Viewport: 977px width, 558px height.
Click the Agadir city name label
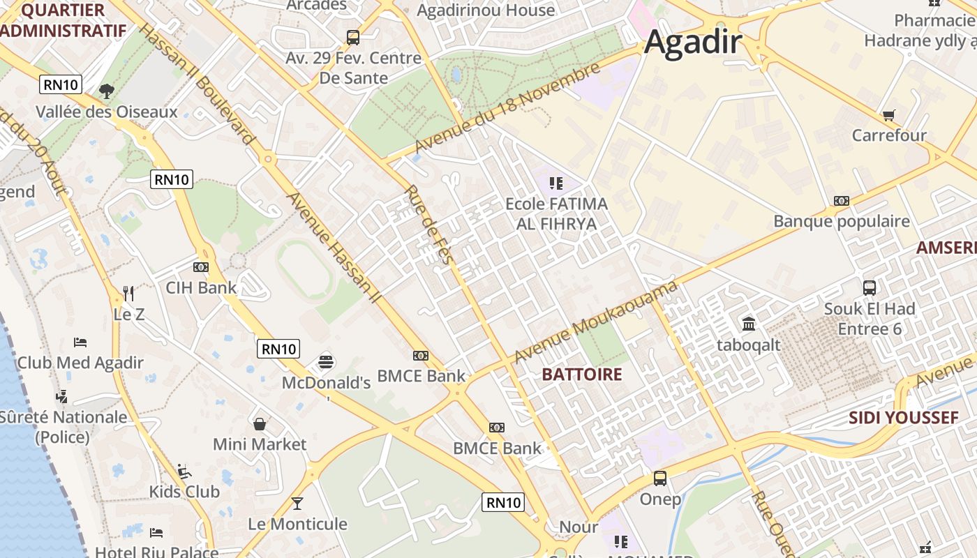click(692, 42)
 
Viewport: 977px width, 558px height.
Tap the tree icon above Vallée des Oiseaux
click(106, 91)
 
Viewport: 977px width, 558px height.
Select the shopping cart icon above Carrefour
click(888, 115)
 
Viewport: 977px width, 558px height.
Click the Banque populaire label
click(841, 221)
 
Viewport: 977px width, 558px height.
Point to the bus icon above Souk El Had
click(870, 287)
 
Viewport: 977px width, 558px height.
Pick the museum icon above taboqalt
click(749, 324)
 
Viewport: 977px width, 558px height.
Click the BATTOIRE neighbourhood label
click(581, 375)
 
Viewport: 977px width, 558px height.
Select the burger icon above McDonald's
click(326, 362)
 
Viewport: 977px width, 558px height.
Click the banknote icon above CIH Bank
click(201, 266)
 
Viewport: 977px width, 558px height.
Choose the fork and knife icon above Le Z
click(128, 293)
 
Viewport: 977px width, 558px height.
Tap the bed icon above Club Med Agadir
click(80, 342)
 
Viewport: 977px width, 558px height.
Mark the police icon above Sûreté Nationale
click(62, 396)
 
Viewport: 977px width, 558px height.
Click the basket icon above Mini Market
click(260, 423)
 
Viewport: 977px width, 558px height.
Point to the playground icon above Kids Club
click(184, 471)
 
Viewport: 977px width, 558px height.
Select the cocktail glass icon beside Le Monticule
click(297, 503)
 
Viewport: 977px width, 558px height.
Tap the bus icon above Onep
click(660, 478)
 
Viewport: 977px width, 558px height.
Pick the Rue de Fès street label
click(429, 225)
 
